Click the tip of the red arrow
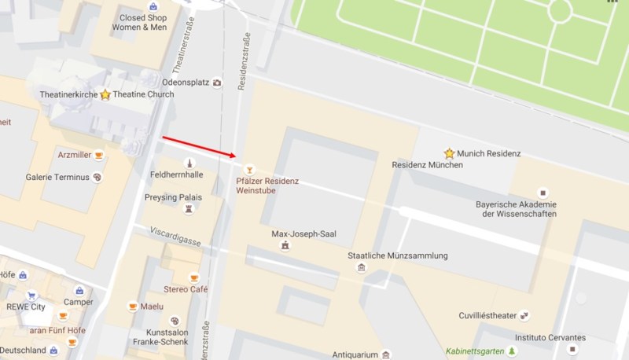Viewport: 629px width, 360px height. coord(237,156)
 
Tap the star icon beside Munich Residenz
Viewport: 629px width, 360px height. coord(449,153)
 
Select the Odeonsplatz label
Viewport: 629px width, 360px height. coord(185,82)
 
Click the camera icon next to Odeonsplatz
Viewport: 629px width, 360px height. coord(217,82)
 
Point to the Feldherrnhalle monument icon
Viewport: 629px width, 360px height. coord(188,163)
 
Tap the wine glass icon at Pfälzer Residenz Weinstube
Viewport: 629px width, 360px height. coord(250,169)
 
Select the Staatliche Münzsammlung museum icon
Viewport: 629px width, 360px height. coord(361,268)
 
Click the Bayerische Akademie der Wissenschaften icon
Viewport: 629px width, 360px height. coord(541,193)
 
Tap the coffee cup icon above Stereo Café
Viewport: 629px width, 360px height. coord(195,277)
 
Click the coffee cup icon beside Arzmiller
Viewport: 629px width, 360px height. coord(99,156)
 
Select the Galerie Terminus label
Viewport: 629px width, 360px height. coord(57,178)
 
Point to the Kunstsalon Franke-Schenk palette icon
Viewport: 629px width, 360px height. coord(175,321)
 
